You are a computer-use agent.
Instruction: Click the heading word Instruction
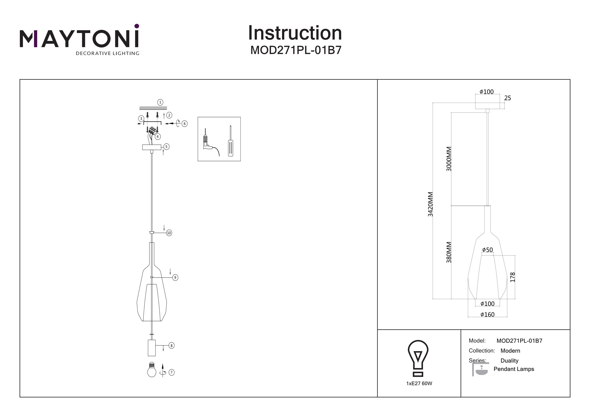295,33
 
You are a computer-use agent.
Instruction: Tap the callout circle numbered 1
160,102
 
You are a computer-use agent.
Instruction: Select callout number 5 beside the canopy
166,147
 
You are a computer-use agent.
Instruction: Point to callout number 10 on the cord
169,233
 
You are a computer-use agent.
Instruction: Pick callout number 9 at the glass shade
175,277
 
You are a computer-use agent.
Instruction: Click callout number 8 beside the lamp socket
171,346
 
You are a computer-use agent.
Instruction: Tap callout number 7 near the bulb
172,372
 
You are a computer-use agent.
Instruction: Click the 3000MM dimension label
449,159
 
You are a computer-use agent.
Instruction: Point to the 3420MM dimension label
430,204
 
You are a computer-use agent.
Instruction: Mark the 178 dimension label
512,277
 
